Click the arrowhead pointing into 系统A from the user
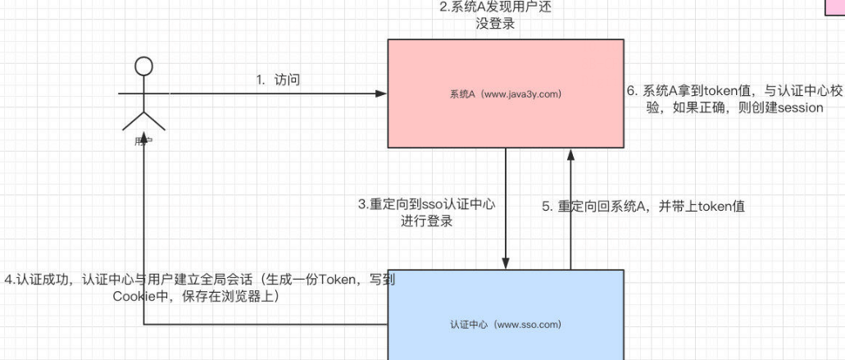tap(382, 93)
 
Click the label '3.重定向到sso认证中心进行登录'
tap(426, 212)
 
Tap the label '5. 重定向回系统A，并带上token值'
tap(643, 207)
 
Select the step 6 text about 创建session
tap(734, 99)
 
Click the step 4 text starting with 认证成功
tap(199, 288)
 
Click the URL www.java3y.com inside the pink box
tap(525, 93)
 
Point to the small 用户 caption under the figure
tap(144, 141)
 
